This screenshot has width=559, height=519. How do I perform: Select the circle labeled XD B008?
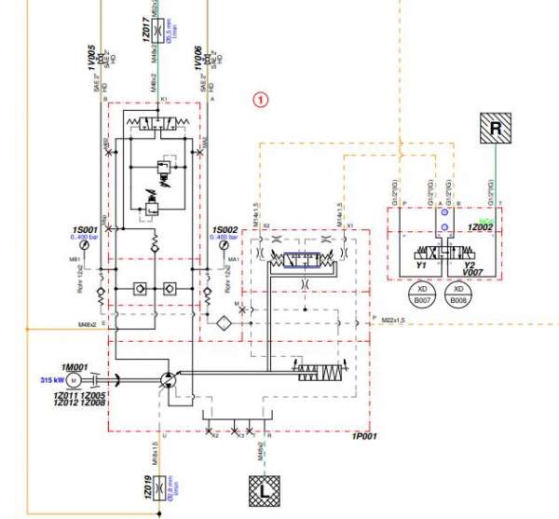(457, 297)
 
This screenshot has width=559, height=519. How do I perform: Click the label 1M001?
(73, 366)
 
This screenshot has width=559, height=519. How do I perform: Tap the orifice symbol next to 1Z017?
(164, 31)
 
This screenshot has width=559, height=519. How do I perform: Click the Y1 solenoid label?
(420, 265)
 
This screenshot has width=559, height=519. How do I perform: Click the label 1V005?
(92, 56)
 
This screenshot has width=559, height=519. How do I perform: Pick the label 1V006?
(198, 55)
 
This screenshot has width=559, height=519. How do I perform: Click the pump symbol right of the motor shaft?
(166, 378)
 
